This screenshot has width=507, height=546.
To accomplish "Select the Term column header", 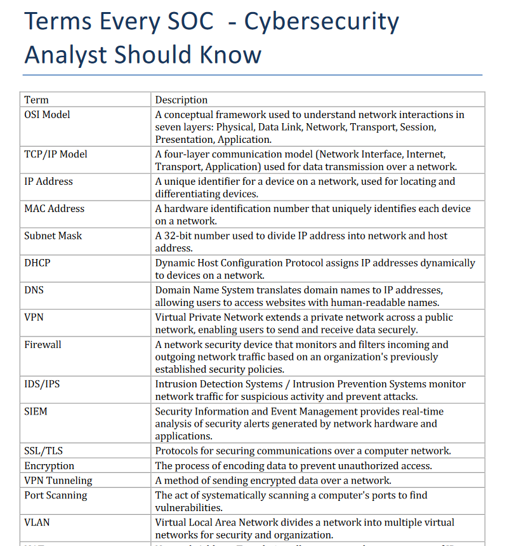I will [36, 100].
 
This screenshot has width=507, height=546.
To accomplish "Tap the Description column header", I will [181, 100].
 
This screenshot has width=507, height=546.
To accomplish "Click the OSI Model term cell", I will [47, 115].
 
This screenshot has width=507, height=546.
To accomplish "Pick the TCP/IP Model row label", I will [56, 154].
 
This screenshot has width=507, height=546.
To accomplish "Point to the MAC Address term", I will [54, 209].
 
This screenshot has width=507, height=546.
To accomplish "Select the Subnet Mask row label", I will [53, 236].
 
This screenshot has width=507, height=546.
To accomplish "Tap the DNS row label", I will [34, 290].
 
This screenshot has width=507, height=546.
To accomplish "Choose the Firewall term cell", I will [43, 345].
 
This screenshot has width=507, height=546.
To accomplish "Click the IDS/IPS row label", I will [43, 384].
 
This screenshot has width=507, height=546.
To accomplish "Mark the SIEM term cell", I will [36, 411].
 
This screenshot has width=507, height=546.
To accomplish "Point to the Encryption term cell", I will [49, 466].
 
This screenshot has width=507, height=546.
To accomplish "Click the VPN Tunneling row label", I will [58, 481].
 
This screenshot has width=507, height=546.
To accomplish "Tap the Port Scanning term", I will [56, 495].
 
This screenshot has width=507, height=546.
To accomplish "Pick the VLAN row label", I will [37, 523].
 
